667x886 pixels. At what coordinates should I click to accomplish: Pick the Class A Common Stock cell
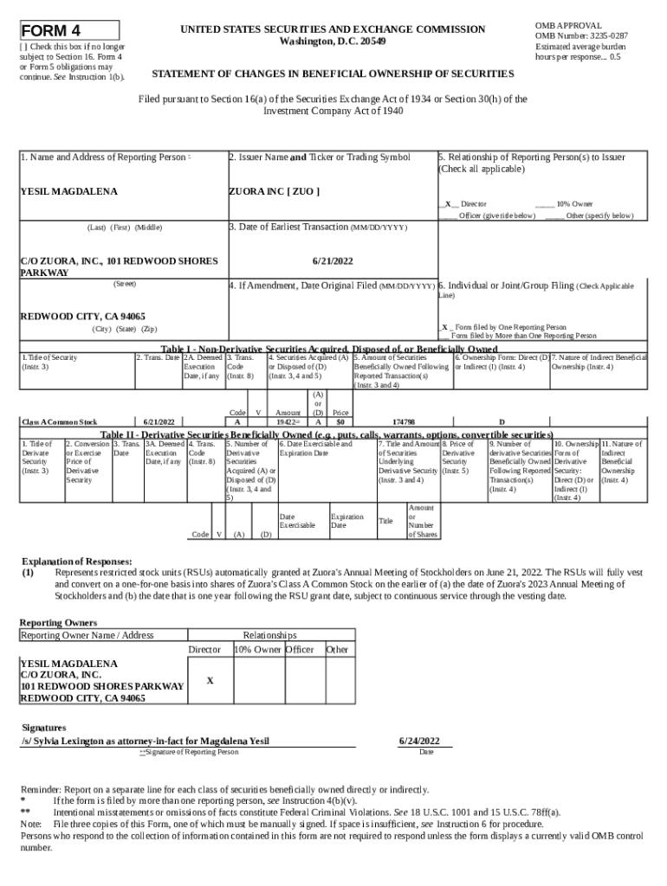(60, 421)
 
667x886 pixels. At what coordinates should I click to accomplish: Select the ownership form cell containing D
(502, 421)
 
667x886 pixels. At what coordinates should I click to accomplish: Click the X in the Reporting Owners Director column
(210, 681)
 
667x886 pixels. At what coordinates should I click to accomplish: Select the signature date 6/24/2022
(419, 741)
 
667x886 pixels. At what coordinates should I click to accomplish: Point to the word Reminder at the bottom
(42, 790)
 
